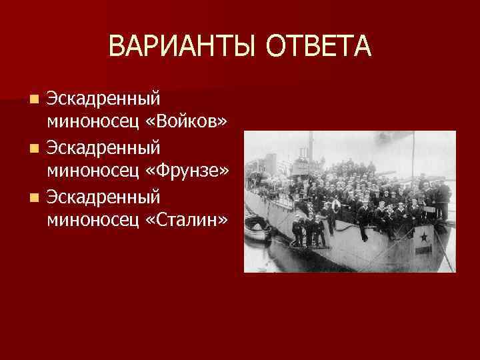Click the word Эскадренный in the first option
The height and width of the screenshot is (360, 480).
(103, 98)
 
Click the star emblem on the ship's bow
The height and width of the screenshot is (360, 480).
(422, 234)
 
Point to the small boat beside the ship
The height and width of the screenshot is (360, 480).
(257, 230)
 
